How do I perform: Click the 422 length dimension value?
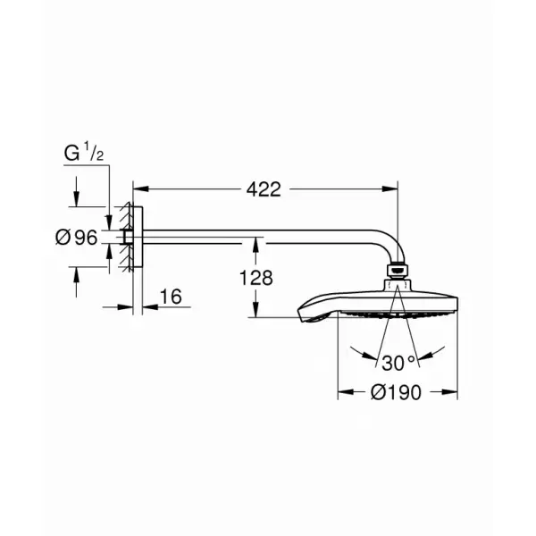coord(264,189)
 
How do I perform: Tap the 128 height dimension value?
coord(256,278)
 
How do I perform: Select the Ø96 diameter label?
coord(77,238)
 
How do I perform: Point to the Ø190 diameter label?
coord(396,392)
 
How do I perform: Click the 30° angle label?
coord(398,363)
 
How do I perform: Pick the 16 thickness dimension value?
coord(171,297)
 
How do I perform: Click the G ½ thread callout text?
coord(84,152)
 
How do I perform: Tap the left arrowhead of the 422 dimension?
coord(141,189)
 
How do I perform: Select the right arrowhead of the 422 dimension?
coord(390,189)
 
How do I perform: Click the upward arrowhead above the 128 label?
coord(255,246)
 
